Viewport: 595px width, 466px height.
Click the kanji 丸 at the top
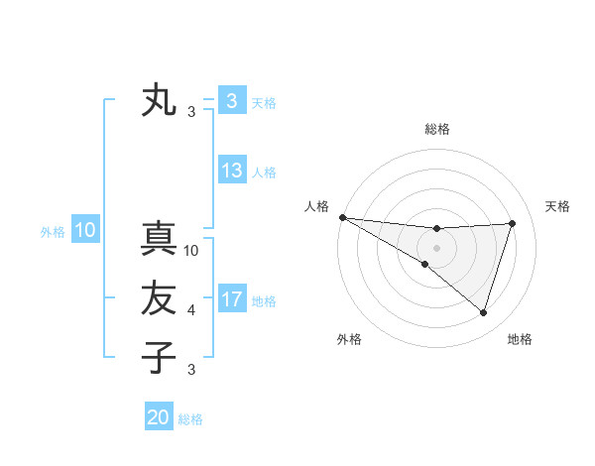click(159, 101)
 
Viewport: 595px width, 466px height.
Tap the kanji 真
click(159, 241)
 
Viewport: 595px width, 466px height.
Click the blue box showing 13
click(232, 171)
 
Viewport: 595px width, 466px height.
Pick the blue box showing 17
click(232, 298)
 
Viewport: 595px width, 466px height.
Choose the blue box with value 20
click(159, 417)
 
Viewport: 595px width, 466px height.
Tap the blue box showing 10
click(85, 231)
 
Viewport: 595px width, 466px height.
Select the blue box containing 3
click(232, 101)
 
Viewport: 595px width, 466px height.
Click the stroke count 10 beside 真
click(192, 251)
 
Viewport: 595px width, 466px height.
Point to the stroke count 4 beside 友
click(191, 310)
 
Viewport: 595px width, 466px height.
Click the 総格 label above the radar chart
click(437, 129)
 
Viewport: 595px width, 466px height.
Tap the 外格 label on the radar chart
click(349, 339)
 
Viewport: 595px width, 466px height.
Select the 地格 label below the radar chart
click(520, 339)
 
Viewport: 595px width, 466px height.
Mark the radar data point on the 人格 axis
click(342, 216)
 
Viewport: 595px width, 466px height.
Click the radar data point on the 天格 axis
click(513, 223)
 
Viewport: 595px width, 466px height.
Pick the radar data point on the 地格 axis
click(484, 312)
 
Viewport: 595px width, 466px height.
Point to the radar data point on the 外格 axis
click(425, 264)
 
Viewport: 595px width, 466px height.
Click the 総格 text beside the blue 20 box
click(190, 419)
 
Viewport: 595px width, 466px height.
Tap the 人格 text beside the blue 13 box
click(264, 173)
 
